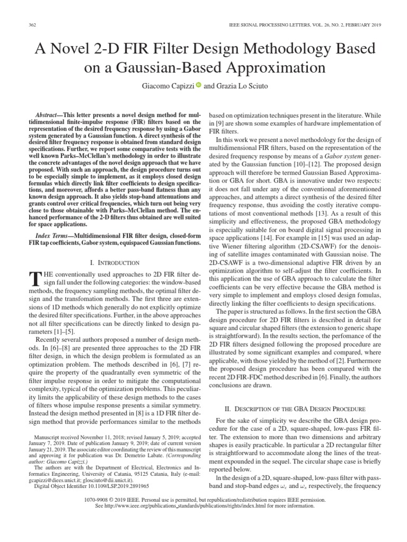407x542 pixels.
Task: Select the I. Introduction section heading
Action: pyautogui.click(x=115, y=263)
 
